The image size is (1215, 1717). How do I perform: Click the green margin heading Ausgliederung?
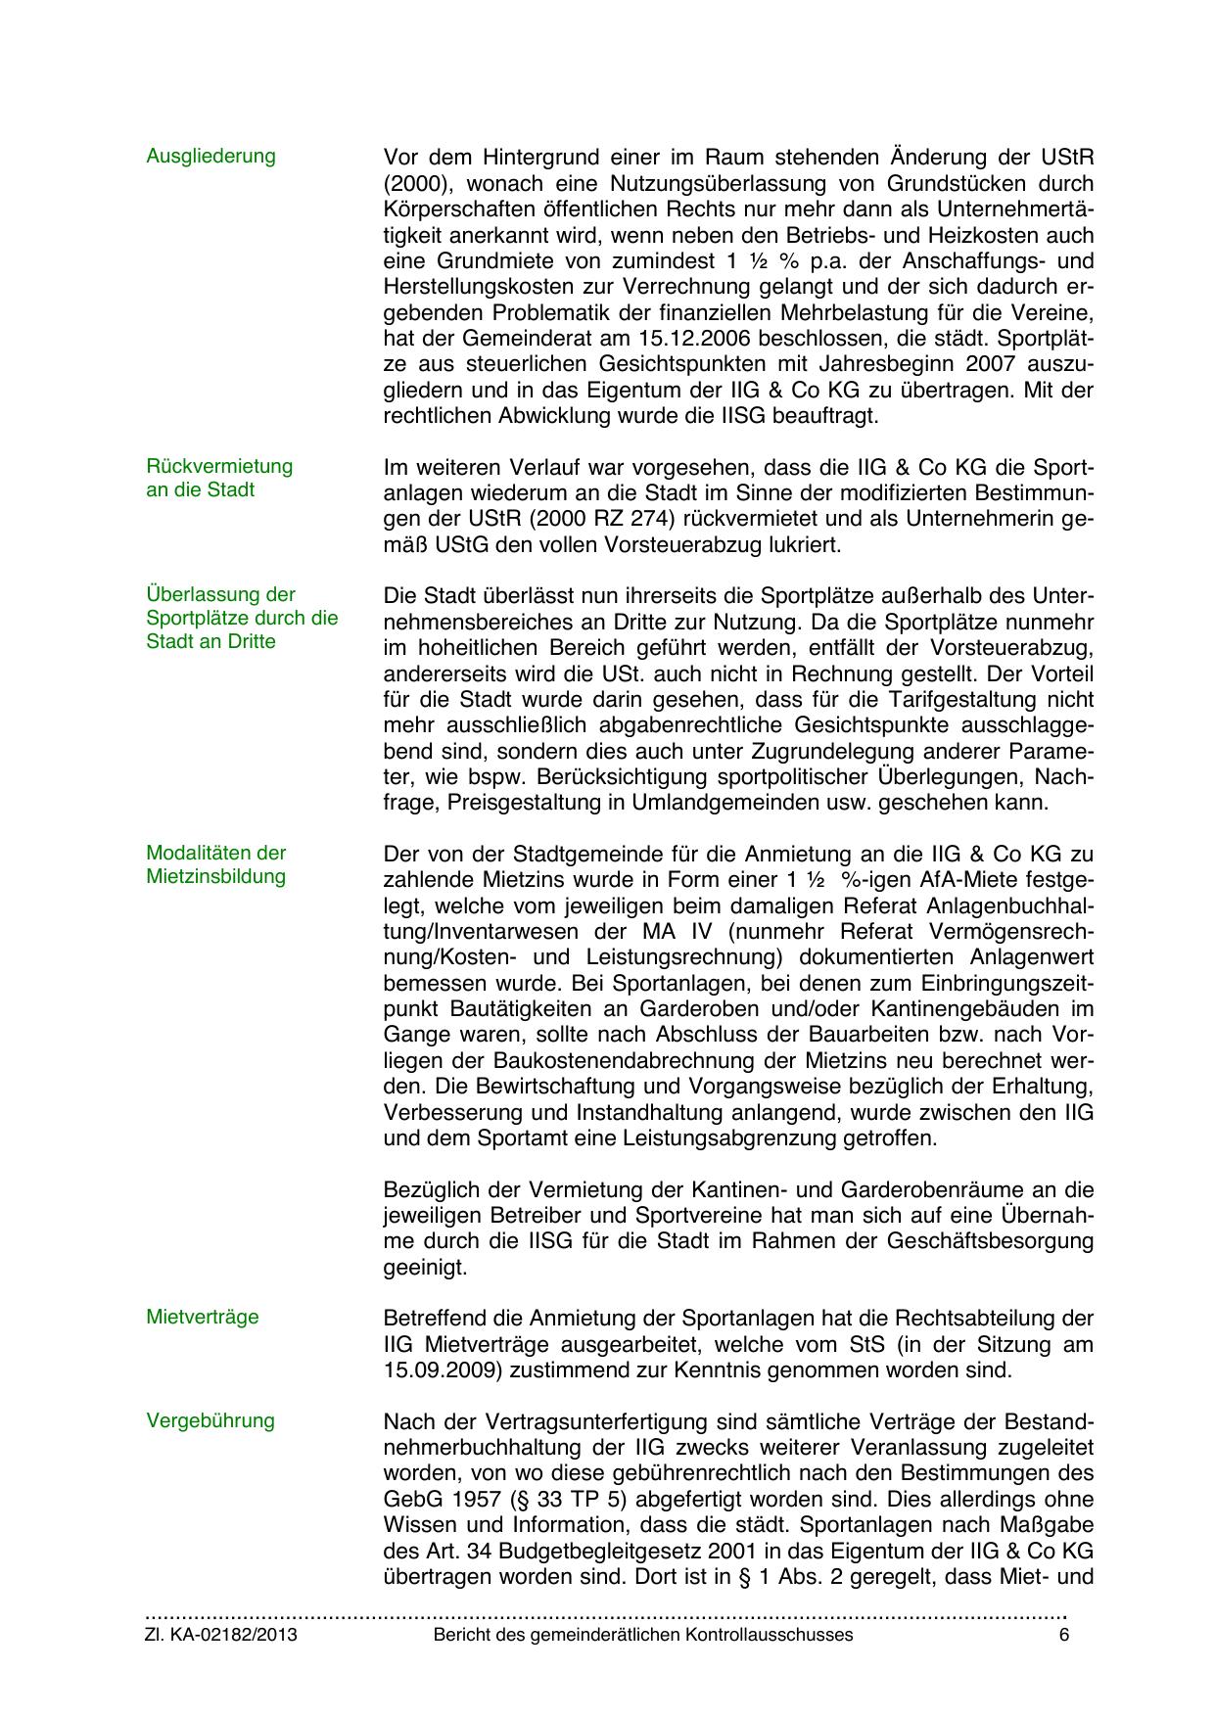coord(210,156)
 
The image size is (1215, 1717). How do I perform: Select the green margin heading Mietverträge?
coord(203,1317)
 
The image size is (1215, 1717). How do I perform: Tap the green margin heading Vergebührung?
coord(210,1420)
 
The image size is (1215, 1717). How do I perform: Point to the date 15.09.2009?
coord(442,1369)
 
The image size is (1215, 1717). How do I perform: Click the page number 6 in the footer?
coord(1063,1635)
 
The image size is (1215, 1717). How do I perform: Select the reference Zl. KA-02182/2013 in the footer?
coord(221,1635)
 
